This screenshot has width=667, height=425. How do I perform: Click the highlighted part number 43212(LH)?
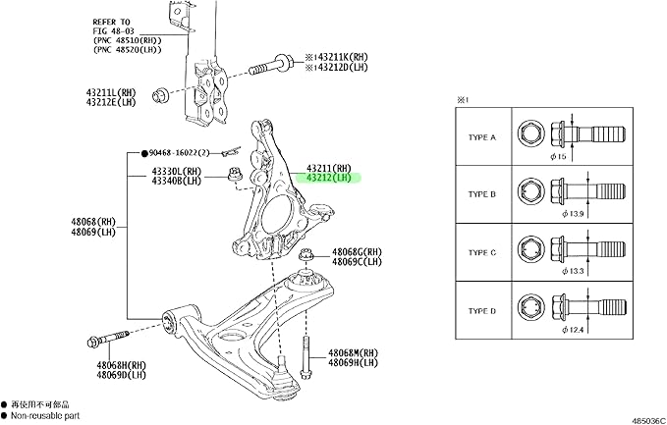(x=329, y=179)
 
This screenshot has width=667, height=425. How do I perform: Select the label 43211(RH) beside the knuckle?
(x=329, y=167)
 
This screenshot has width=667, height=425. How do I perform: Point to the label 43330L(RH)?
(x=176, y=170)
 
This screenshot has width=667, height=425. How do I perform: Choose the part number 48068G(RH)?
(x=359, y=252)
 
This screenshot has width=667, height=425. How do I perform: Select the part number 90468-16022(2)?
(x=182, y=153)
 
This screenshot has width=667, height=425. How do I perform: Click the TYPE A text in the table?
(x=481, y=137)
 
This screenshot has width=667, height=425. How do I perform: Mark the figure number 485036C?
(x=643, y=417)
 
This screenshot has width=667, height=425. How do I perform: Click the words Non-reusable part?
(x=43, y=415)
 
